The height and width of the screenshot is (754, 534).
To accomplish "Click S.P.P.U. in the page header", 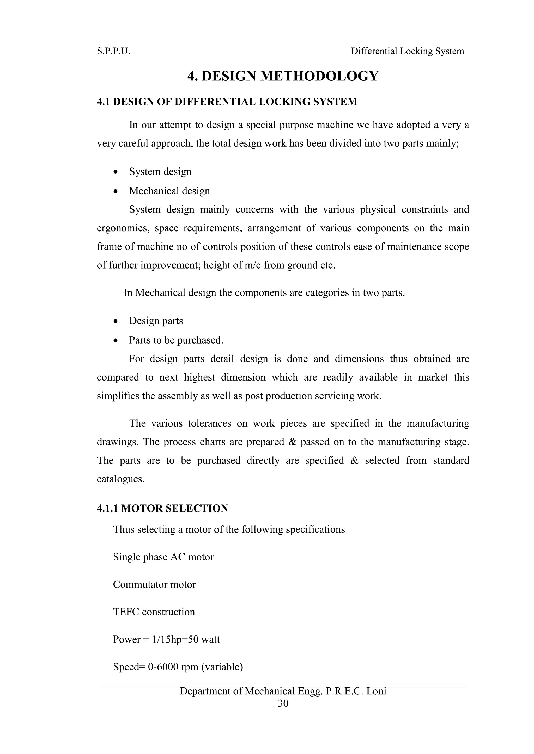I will tap(113, 51).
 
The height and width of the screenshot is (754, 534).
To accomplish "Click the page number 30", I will tap(283, 703).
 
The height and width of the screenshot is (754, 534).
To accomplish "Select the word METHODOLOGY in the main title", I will tap(319, 76).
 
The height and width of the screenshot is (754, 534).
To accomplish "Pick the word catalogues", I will tap(121, 479).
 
